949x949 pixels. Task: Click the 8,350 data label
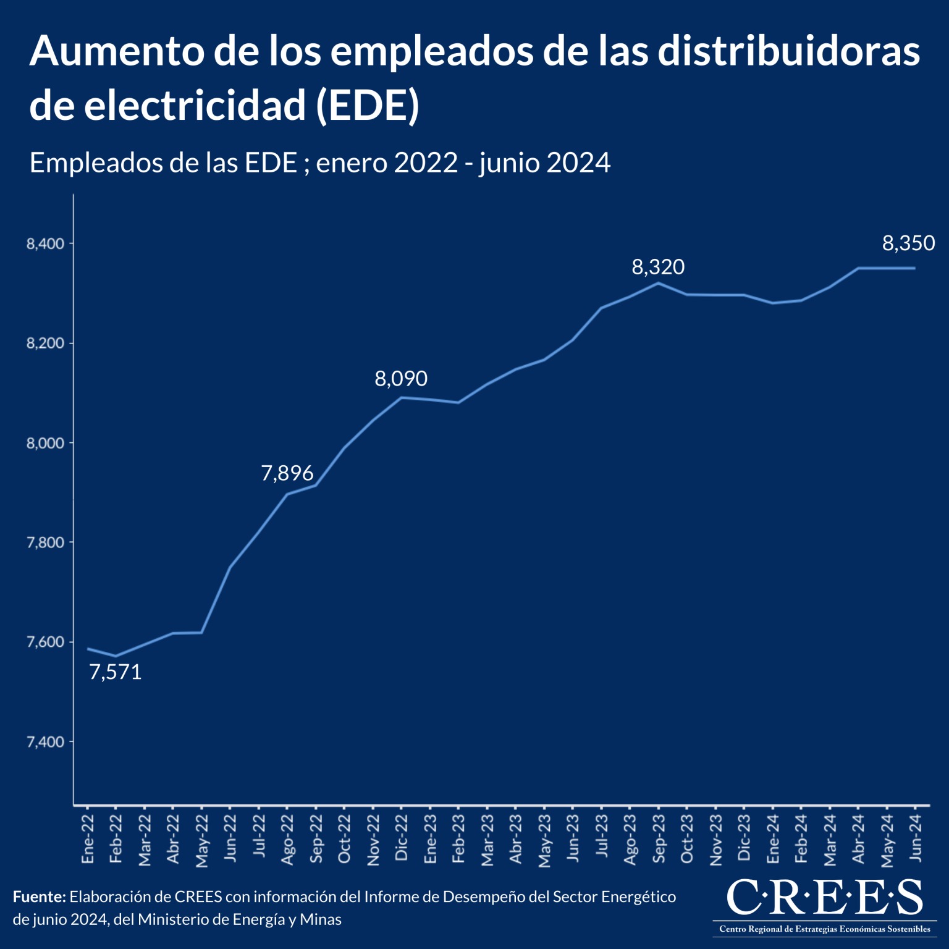click(908, 243)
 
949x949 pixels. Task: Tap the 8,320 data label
click(658, 267)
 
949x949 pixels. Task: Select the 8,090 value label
click(401, 379)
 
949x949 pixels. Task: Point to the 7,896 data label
click(287, 473)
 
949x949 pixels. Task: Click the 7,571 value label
click(116, 672)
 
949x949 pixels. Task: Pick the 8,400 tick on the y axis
click(45, 244)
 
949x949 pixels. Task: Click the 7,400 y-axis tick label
click(45, 742)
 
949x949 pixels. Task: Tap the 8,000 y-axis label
click(45, 443)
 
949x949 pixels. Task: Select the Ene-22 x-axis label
click(88, 839)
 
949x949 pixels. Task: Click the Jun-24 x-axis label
click(915, 838)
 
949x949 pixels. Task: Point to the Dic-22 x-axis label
click(402, 838)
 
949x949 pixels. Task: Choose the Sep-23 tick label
click(659, 838)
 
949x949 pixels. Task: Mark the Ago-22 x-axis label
click(287, 839)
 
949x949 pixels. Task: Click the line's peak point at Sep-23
click(658, 283)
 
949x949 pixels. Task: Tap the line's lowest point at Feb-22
click(116, 656)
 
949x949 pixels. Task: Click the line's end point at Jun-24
click(914, 268)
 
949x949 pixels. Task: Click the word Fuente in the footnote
click(38, 897)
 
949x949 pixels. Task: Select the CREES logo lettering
click(824, 897)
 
